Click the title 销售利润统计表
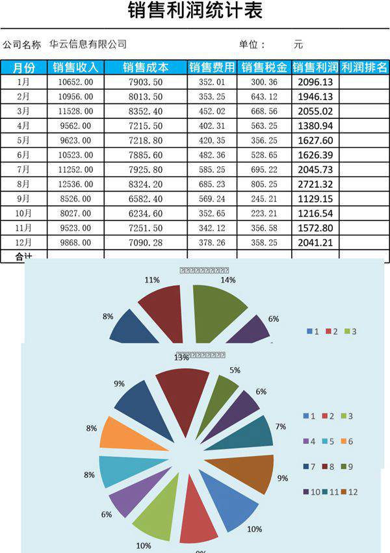click(x=195, y=12)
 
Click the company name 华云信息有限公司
click(x=88, y=45)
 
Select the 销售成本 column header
click(x=146, y=68)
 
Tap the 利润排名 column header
click(x=364, y=68)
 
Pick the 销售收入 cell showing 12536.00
click(x=75, y=183)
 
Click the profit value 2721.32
click(x=315, y=183)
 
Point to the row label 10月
click(x=23, y=212)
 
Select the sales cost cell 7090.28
click(x=146, y=242)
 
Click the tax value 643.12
click(x=264, y=96)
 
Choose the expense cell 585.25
click(x=212, y=169)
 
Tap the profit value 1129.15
click(x=315, y=198)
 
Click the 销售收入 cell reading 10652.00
click(x=75, y=82)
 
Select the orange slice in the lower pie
click(x=118, y=432)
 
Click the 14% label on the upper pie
click(x=227, y=281)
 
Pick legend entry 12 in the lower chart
click(x=348, y=492)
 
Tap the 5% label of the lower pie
click(x=235, y=370)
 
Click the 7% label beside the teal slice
click(x=281, y=426)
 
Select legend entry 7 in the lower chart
click(x=308, y=467)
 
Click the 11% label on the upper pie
click(x=152, y=280)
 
